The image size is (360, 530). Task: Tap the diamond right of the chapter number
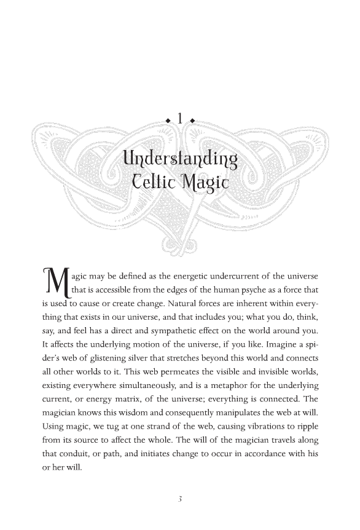pyautogui.click(x=193, y=121)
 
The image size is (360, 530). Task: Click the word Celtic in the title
pyautogui.click(x=155, y=182)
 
